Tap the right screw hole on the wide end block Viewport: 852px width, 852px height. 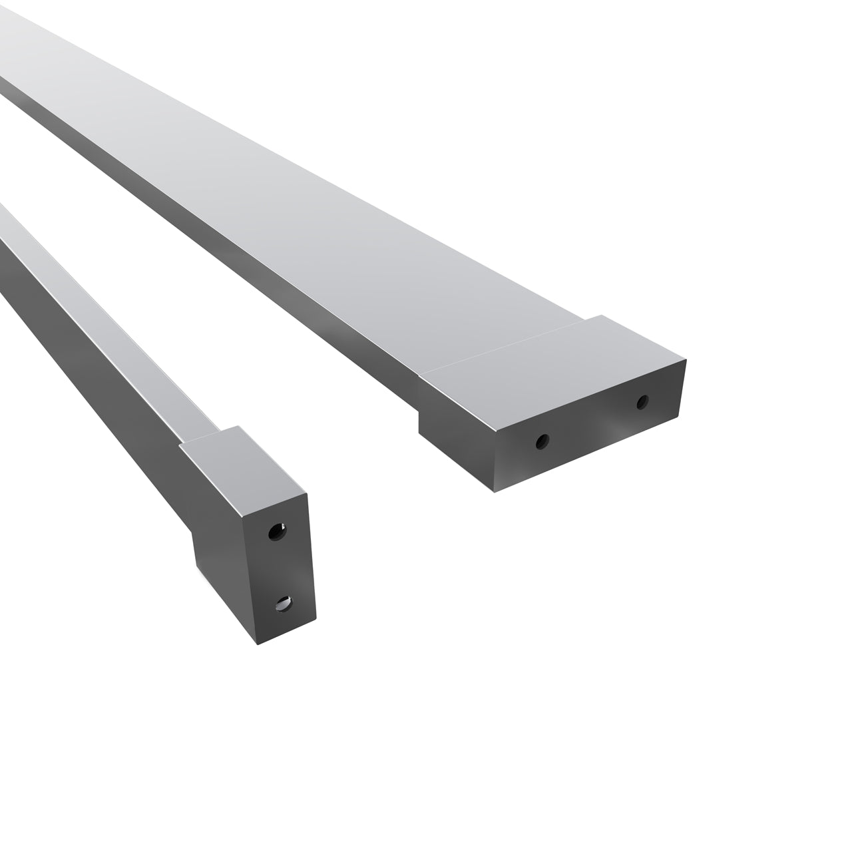642,402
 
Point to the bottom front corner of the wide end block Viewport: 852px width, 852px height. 494,492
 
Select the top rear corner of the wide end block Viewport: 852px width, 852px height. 602,316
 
